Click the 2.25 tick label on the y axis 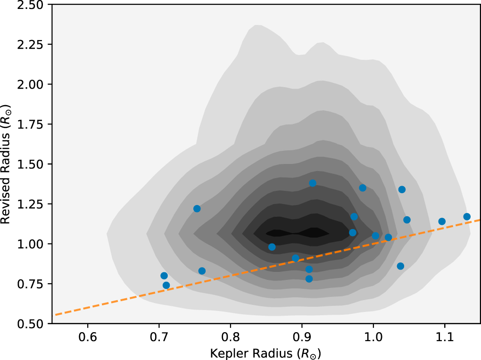pos(30,44)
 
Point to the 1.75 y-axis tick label pos(30,124)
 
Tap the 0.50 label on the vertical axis pos(30,324)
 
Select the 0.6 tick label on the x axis pos(88,337)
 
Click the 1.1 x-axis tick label pos(445,337)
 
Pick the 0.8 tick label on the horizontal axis pos(231,337)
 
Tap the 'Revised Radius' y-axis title pos(6,164)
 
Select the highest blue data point pos(313,183)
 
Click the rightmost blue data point pos(467,217)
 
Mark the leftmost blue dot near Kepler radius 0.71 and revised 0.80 pos(164,276)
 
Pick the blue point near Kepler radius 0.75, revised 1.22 pos(197,209)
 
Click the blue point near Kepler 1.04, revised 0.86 pos(400,266)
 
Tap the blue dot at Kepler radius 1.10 pos(442,221)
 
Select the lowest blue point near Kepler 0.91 pos(309,279)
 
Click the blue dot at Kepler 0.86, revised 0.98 pos(272,247)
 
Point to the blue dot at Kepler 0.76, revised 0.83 pos(202,271)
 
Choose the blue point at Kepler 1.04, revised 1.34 pos(402,189)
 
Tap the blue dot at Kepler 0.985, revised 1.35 pos(363,188)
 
